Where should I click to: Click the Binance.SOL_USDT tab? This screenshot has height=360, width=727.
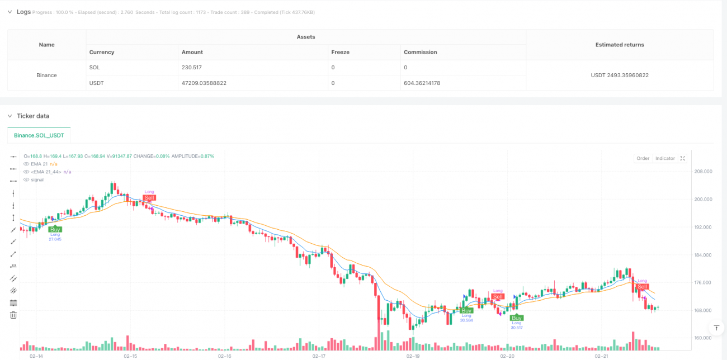[x=39, y=135]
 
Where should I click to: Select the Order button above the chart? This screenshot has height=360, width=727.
[x=643, y=158]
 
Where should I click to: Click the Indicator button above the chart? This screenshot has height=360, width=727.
[x=665, y=158]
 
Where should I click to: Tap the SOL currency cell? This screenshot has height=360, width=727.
[x=94, y=67]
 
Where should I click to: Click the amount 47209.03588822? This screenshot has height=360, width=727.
[x=204, y=83]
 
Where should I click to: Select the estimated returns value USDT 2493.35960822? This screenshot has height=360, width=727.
[x=620, y=75]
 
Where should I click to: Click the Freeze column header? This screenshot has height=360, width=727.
[x=341, y=52]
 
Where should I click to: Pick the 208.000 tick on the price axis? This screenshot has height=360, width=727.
[x=702, y=172]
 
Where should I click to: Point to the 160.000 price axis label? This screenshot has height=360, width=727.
[x=702, y=338]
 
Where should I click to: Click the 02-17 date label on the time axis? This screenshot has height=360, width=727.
[x=319, y=356]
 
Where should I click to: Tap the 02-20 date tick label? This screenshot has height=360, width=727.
[x=507, y=356]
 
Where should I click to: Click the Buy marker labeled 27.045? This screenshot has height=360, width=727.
[x=55, y=229]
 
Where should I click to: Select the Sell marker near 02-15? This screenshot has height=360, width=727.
[x=149, y=198]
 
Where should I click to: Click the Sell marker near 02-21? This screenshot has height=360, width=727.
[x=643, y=287]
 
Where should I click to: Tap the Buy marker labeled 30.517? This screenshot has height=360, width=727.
[x=517, y=318]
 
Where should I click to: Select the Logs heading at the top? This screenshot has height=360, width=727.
[x=23, y=12]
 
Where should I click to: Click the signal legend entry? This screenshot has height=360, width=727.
[x=37, y=179]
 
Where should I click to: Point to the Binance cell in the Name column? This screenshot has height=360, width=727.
[x=46, y=75]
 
